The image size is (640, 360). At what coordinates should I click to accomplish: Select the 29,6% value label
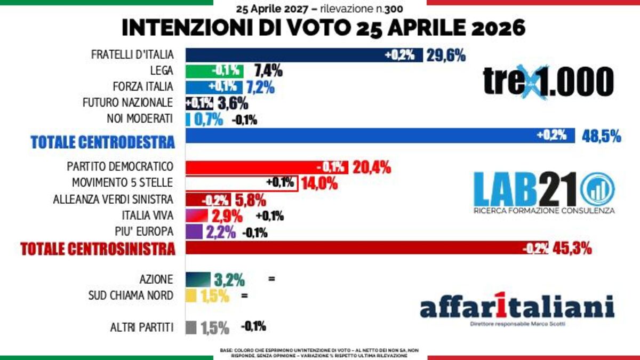[445, 55]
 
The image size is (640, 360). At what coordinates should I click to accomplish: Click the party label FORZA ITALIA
[143, 86]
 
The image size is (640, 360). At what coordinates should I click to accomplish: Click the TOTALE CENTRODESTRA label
[103, 142]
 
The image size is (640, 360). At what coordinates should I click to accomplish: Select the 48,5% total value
[601, 137]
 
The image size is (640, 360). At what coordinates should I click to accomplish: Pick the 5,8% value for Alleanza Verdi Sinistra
[250, 201]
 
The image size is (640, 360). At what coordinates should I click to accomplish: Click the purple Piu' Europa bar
[194, 232]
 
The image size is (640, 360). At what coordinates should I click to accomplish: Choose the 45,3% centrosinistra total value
[571, 248]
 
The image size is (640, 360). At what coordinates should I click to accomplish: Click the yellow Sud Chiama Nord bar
[191, 295]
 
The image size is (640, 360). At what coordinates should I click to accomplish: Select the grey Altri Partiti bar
[191, 327]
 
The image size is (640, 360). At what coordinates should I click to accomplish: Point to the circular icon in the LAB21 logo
[597, 189]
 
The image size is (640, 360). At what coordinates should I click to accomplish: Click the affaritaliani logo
[516, 308]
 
